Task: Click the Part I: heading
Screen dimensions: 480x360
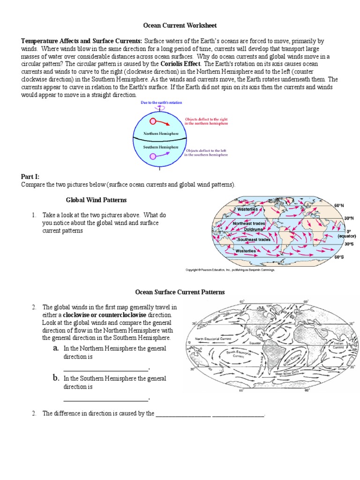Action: point(30,177)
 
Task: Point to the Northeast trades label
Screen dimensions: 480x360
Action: point(249,224)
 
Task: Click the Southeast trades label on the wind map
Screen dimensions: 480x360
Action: point(254,240)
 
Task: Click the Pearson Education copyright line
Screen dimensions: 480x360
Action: point(230,270)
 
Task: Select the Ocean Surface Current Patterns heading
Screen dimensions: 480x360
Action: point(180,292)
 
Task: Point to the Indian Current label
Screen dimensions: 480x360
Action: point(338,346)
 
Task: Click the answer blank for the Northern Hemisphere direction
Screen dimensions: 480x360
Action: point(106,368)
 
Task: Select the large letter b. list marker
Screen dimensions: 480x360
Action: point(56,377)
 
